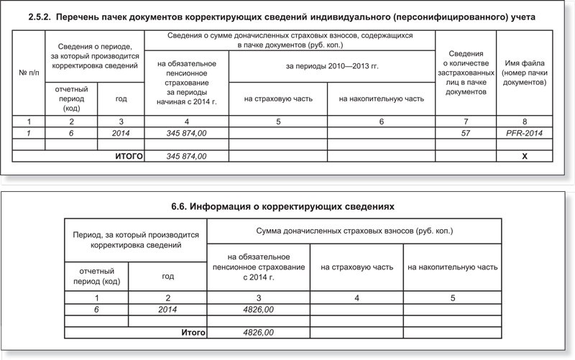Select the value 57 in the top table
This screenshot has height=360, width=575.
466,134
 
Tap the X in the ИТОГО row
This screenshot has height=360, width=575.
525,156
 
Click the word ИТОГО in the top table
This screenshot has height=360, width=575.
129,156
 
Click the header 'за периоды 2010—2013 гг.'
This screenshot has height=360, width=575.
332,66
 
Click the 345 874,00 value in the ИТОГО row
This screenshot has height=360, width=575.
186,156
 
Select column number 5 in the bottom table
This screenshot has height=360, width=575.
452,297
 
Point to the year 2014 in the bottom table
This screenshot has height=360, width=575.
168,309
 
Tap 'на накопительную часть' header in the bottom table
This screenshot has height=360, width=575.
452,267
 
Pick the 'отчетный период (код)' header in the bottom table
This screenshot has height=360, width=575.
96,275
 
